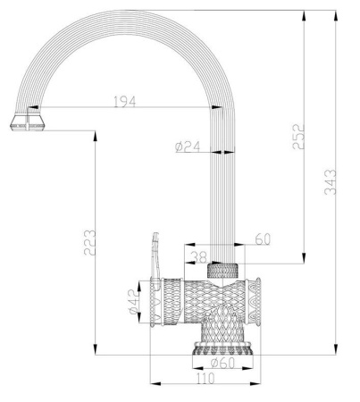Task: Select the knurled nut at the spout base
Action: [x=223, y=269]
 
